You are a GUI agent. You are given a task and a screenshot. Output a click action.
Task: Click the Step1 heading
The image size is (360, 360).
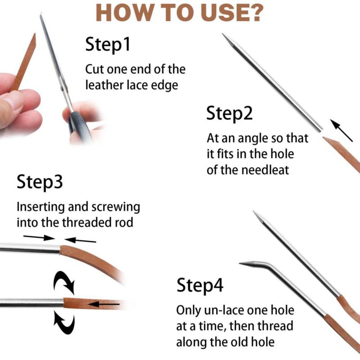tap(108, 44)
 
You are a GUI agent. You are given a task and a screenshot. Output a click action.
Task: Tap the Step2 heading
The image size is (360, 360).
tap(229, 113)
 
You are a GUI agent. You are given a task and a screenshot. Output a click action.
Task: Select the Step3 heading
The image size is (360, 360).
tap(40, 182)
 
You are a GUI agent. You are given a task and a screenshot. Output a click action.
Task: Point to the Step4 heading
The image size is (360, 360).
tap(200, 285)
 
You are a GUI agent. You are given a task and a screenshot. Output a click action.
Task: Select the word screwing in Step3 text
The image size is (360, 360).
tap(116, 207)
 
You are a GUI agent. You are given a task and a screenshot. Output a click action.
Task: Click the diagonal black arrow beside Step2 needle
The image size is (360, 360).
tap(342, 130)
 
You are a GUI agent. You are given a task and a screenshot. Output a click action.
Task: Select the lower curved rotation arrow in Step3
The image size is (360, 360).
tap(64, 322)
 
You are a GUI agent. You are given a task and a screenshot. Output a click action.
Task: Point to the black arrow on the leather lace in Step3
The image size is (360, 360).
tap(104, 305)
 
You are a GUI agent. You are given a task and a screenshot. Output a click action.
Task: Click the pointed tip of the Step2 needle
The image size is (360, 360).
tap(223, 34)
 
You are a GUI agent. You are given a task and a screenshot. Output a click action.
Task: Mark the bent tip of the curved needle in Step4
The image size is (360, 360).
tap(240, 263)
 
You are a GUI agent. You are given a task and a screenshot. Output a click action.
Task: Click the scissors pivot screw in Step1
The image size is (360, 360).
tap(62, 88)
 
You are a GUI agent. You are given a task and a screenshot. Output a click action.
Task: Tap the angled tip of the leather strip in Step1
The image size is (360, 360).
tap(35, 34)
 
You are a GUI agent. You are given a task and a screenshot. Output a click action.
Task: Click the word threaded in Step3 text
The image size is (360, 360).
tap(87, 222)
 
